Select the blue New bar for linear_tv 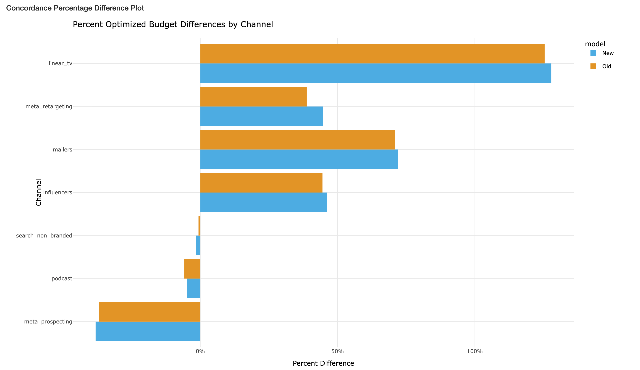pos(375,73)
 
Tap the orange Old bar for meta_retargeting pos(253,97)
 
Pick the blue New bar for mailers pos(299,159)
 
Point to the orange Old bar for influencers pos(261,183)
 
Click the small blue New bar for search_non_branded pos(198,245)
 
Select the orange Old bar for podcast pos(192,269)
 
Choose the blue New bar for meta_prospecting pos(148,331)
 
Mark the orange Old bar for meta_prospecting pos(149,312)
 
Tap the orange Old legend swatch pos(593,66)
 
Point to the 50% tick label pos(337,352)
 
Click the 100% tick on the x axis pos(475,352)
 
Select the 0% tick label pos(200,352)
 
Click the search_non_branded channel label pos(44,236)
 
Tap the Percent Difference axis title pos(323,363)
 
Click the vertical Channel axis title pos(38,192)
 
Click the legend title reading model pos(595,44)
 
